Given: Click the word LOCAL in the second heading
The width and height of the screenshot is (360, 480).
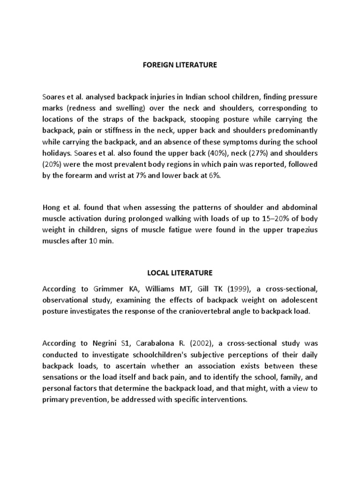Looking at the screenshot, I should pyautogui.click(x=158, y=272).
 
